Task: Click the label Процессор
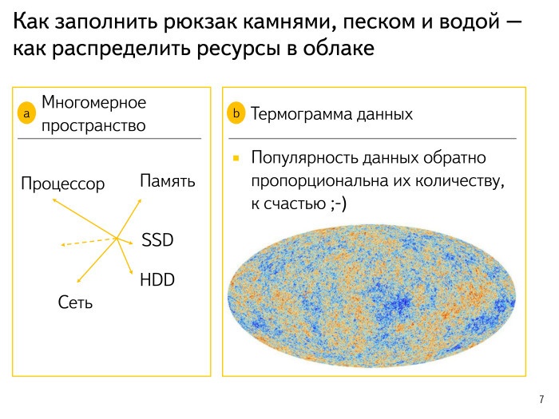[63, 184]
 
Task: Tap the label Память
[168, 180]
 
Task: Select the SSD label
[157, 240]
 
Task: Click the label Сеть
[75, 302]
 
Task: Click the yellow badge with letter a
[26, 115]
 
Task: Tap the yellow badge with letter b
[236, 114]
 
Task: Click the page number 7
[542, 398]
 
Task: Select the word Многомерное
[94, 103]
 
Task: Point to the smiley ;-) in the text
[337, 204]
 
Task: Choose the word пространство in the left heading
[93, 125]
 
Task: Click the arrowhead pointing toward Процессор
[54, 200]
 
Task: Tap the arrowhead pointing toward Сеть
[77, 280]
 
